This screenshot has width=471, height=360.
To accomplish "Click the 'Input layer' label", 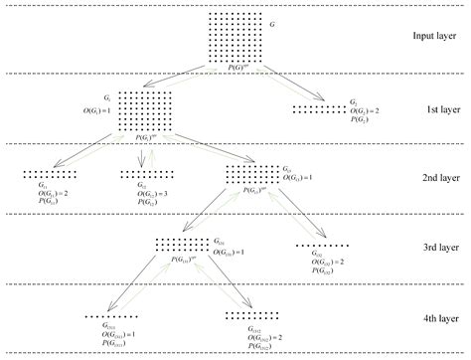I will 434,38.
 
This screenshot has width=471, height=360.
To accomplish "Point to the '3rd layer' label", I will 434,248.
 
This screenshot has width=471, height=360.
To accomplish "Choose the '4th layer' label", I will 434,318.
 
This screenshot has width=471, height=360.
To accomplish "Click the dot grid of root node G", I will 235,37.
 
